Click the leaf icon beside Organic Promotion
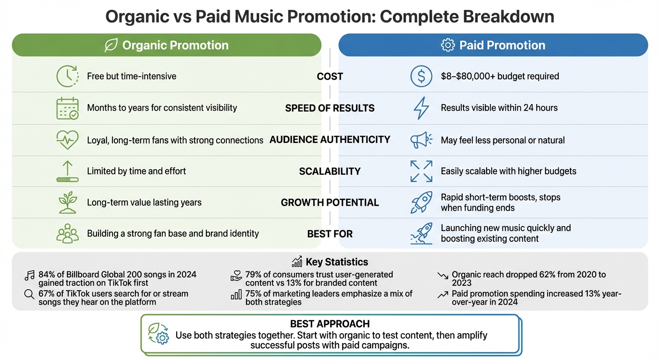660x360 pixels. point(111,45)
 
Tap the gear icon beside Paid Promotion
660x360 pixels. point(448,45)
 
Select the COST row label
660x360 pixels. point(330,76)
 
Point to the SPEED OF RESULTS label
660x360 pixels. point(330,108)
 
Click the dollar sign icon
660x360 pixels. point(421,76)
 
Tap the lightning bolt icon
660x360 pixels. point(421,108)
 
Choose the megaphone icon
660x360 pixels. point(421,140)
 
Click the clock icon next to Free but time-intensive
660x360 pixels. point(67,76)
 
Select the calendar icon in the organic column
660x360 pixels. point(67,108)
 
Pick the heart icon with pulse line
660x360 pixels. point(67,140)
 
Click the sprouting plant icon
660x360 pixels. point(67,202)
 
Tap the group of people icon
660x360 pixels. point(67,233)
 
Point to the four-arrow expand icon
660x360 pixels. point(421,171)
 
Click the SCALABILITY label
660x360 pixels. point(330,171)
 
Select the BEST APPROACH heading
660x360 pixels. point(330,324)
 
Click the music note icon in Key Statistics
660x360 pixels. point(29,276)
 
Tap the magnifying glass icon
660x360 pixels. point(29,295)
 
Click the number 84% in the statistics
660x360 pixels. point(46,274)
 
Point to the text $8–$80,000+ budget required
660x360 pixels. point(500,76)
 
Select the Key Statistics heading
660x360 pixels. point(337,262)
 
